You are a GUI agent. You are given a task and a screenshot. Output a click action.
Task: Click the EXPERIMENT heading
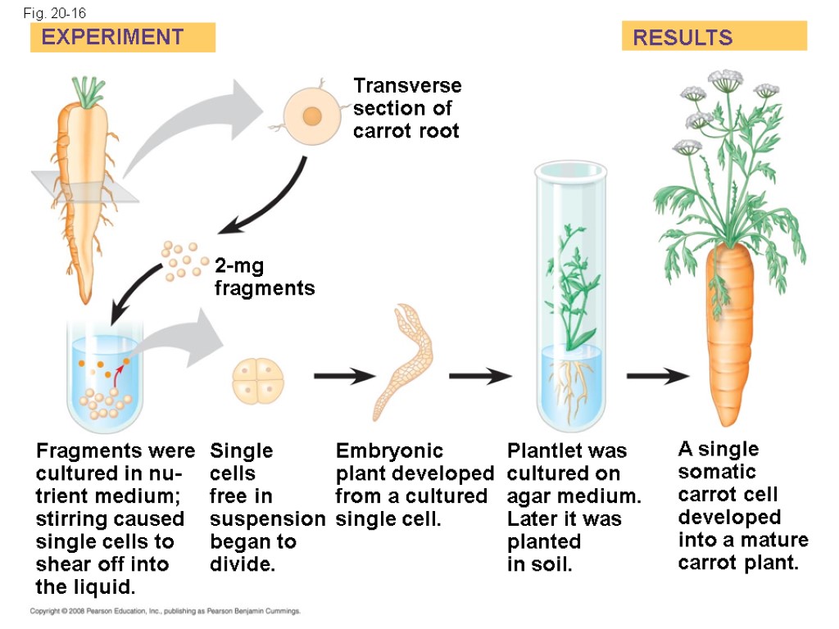tap(113, 37)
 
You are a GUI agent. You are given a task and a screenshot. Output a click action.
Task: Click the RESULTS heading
tap(683, 38)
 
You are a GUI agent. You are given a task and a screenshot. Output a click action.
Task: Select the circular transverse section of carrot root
tap(311, 116)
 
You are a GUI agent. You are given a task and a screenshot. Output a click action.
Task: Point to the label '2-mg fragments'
tap(264, 277)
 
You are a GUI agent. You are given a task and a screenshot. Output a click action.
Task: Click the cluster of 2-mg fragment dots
tap(185, 260)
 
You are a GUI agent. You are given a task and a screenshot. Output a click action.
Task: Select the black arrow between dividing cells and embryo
tap(344, 376)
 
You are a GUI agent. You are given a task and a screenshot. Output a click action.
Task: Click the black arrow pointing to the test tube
tap(479, 376)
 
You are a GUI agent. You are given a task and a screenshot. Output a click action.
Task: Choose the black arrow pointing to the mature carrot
tap(658, 376)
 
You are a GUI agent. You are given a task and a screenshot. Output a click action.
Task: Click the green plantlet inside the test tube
tap(572, 287)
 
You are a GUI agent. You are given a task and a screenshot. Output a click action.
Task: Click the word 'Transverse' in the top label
tap(407, 86)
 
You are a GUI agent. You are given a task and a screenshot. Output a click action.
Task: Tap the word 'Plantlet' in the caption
tap(542, 450)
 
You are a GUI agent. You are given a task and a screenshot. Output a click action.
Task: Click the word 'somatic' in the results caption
tap(717, 472)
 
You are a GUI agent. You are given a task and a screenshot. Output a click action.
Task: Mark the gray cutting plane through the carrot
tap(82, 187)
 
